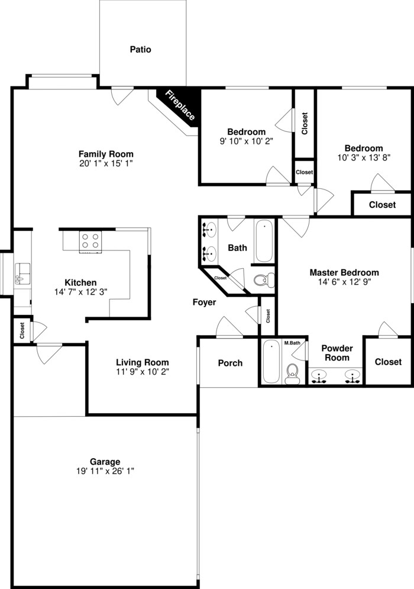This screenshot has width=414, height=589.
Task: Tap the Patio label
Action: click(x=140, y=50)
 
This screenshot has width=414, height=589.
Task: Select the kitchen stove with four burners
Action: click(x=90, y=241)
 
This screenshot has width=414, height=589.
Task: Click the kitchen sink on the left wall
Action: click(x=22, y=273)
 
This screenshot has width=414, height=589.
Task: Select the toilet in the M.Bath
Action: click(x=292, y=371)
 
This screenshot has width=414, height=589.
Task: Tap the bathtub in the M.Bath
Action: click(x=270, y=362)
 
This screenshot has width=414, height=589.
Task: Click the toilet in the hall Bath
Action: click(x=261, y=280)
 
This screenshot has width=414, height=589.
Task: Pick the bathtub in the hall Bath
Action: click(x=264, y=241)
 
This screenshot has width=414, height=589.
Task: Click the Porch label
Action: click(x=230, y=363)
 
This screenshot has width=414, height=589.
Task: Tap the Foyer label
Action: click(x=204, y=302)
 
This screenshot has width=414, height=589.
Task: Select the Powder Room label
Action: click(x=337, y=353)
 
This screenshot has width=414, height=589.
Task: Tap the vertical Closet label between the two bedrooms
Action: click(x=305, y=124)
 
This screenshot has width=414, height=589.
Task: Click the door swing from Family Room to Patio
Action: click(x=122, y=94)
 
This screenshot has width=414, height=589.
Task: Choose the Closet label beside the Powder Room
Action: click(x=387, y=362)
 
